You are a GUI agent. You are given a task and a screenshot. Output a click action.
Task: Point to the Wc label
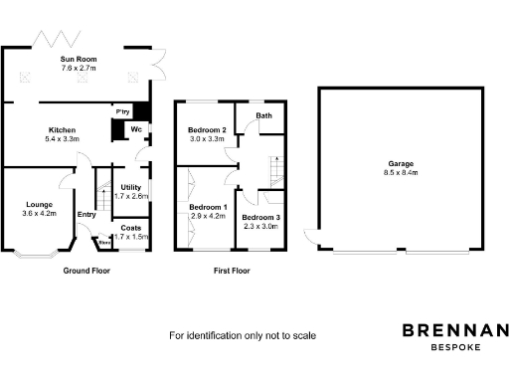coord(132,128)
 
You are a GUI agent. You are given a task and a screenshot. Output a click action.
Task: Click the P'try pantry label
coord(123,111)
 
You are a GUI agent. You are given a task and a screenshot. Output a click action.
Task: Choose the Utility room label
coord(130,187)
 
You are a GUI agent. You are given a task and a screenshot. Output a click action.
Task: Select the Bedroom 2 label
coord(210,130)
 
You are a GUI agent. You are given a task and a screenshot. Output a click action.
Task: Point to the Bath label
coord(263,116)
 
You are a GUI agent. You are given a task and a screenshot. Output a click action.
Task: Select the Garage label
coord(402,163)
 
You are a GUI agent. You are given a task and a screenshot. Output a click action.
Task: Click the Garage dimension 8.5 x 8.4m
coord(402,172)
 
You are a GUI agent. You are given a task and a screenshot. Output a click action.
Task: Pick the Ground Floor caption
coord(86,271)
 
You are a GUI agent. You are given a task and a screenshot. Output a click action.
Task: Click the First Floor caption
coord(232,271)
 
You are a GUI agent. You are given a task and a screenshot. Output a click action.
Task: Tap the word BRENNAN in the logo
coord(454,331)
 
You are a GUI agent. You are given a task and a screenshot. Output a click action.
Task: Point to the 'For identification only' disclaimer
coord(243,335)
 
